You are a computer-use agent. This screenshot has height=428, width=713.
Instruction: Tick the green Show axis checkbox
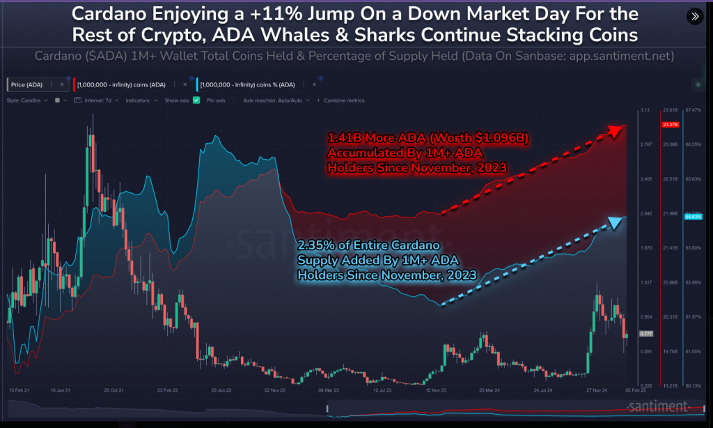[196, 100]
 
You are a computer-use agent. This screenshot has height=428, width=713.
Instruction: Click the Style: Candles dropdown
[26, 100]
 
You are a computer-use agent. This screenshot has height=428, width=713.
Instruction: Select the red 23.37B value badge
[670, 125]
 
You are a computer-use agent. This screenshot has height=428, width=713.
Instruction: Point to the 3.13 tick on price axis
[645, 110]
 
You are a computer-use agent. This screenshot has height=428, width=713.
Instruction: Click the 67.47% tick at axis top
[694, 110]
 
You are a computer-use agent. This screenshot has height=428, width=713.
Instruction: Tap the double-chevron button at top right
[694, 16]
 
